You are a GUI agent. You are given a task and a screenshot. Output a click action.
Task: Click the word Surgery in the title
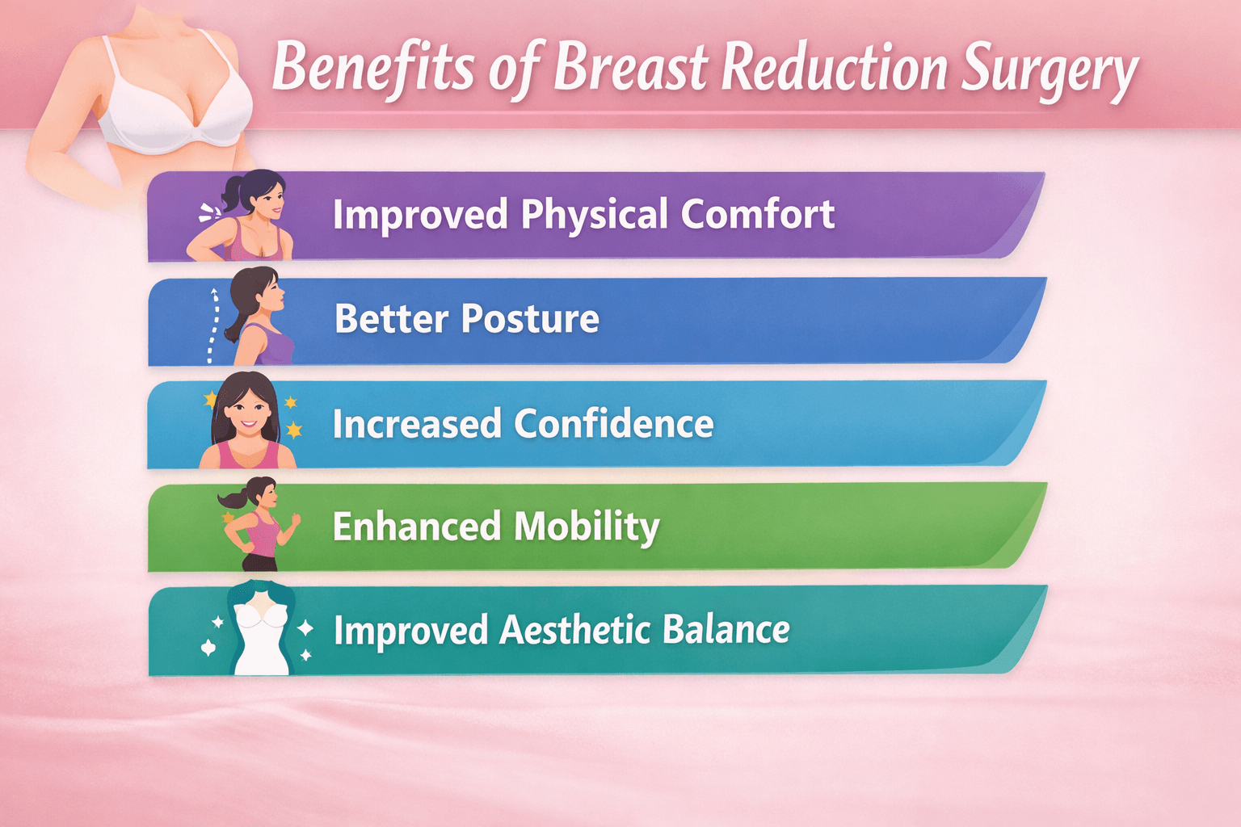click(1050, 70)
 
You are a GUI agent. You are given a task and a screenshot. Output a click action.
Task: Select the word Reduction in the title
click(833, 68)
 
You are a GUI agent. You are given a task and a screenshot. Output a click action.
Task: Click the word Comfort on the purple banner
click(757, 214)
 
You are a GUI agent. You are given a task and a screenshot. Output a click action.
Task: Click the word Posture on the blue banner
click(530, 318)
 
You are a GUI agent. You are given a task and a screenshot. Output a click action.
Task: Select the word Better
click(391, 318)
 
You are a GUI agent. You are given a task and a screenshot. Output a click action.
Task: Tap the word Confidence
click(614, 424)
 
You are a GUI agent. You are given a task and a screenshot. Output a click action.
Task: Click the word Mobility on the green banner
click(587, 527)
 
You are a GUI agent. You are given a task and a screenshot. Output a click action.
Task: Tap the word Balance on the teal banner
click(726, 630)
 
